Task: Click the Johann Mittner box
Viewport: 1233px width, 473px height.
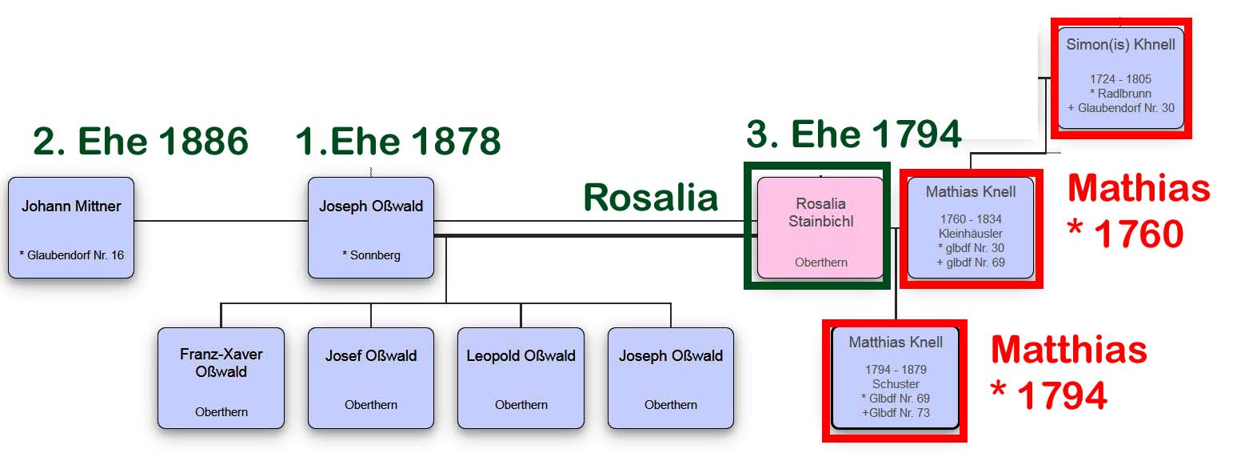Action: click(x=71, y=227)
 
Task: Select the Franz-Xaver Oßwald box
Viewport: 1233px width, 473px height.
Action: click(x=221, y=379)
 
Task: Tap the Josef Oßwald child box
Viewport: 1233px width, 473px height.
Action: click(x=371, y=379)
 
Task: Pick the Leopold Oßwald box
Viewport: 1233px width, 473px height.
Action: click(x=521, y=379)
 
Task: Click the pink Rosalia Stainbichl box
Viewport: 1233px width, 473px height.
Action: click(x=820, y=227)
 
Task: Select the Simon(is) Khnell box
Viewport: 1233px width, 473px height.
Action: click(x=1121, y=78)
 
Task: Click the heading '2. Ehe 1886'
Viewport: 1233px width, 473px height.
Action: click(x=141, y=141)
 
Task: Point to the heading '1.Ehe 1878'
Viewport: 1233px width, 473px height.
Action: click(x=398, y=141)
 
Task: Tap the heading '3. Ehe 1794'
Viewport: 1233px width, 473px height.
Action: click(x=854, y=134)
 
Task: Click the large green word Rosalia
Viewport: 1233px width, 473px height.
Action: click(x=651, y=197)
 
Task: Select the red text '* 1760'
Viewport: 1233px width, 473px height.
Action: click(x=1125, y=234)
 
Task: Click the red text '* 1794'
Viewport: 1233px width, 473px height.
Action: click(x=1048, y=395)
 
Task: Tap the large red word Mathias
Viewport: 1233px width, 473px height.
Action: click(x=1139, y=188)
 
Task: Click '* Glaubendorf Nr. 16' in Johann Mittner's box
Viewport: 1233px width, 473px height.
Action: click(x=71, y=255)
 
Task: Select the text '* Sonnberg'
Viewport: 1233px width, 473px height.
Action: click(x=371, y=255)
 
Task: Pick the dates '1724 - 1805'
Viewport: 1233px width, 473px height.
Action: click(x=1121, y=78)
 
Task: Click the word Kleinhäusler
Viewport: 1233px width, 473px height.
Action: click(x=971, y=234)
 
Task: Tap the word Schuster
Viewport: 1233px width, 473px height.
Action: click(x=896, y=384)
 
